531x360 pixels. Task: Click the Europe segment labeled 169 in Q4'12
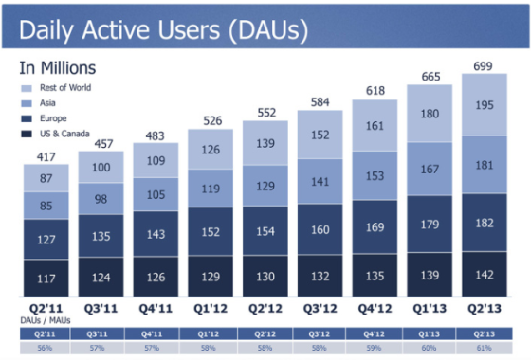(x=375, y=226)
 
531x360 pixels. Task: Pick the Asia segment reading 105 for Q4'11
(x=155, y=195)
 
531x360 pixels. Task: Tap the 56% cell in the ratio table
(x=46, y=347)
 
